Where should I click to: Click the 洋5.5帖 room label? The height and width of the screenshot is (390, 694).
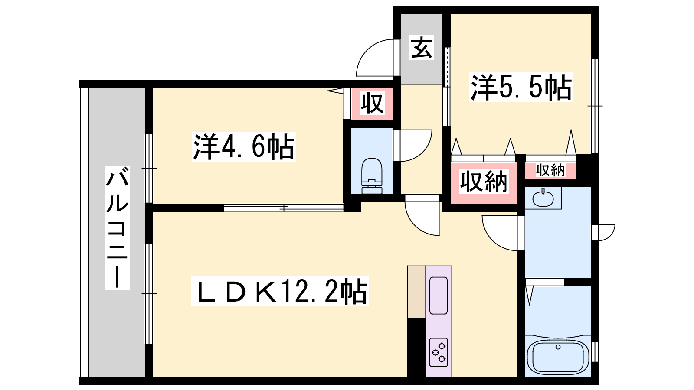coord(521,87)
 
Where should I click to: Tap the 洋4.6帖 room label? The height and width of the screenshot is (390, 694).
coord(243,147)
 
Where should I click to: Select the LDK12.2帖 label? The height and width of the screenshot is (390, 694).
coord(280,291)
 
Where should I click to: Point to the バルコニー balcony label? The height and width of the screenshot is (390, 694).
coord(117,228)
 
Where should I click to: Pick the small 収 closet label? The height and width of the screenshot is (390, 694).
coord(372,103)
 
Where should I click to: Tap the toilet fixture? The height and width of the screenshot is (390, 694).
coord(372,175)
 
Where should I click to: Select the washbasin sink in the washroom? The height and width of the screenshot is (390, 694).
coord(543,199)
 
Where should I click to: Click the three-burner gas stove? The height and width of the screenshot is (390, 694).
coord(439,352)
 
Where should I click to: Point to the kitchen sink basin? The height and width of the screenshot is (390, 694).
coord(439,296)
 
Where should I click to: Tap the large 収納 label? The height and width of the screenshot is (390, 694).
coord(483,182)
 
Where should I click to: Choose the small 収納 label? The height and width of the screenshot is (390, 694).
coord(550,170)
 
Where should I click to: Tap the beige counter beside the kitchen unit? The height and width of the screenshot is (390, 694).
coord(416,292)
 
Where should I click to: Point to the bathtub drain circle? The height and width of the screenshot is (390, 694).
coord(558,347)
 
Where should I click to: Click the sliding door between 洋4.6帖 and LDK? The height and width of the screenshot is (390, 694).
coord(284,208)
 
